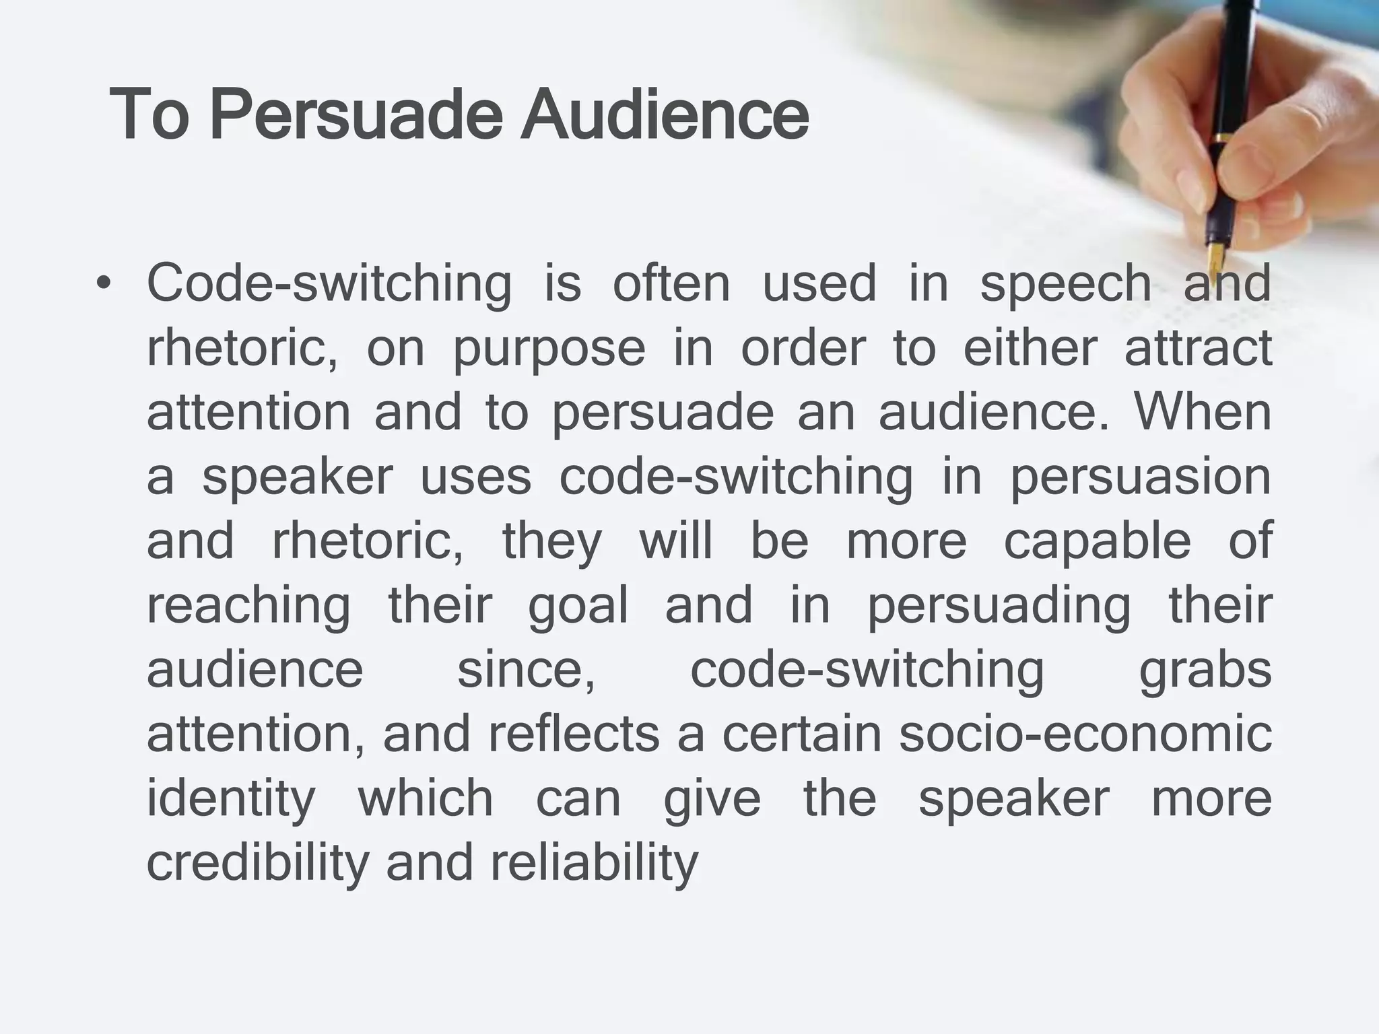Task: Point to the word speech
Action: pyautogui.click(x=1065, y=284)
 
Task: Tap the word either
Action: pyautogui.click(x=1030, y=349)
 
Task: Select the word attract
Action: pyautogui.click(x=1199, y=349)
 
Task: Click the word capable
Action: pyautogui.click(x=1097, y=541)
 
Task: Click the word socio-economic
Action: pyautogui.click(x=1085, y=734)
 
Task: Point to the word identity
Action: pyautogui.click(x=230, y=800)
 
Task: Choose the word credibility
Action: pyautogui.click(x=257, y=863)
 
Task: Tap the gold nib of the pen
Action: pyautogui.click(x=1216, y=256)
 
